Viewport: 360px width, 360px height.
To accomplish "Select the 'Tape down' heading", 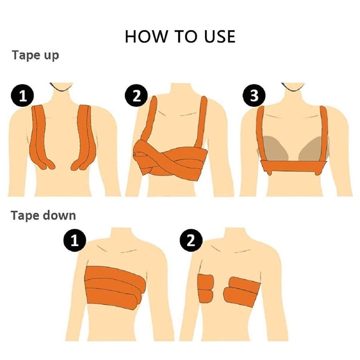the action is coord(43,216).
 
